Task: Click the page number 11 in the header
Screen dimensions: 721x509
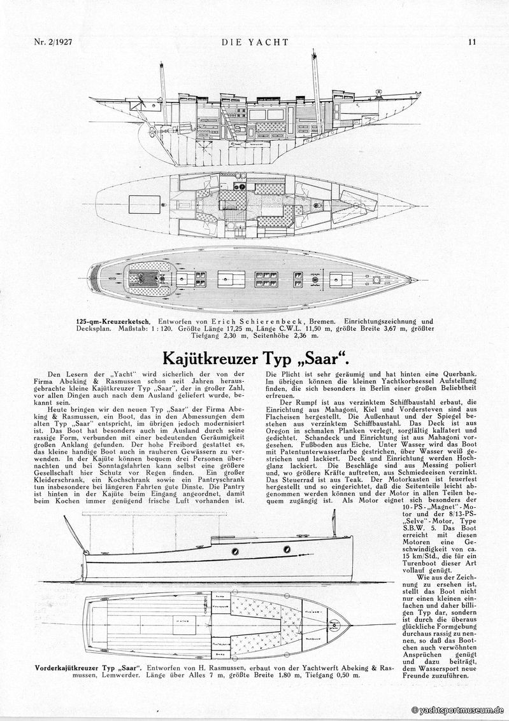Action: tap(472, 43)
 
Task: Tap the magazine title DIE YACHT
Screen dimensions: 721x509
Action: tap(255, 43)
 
